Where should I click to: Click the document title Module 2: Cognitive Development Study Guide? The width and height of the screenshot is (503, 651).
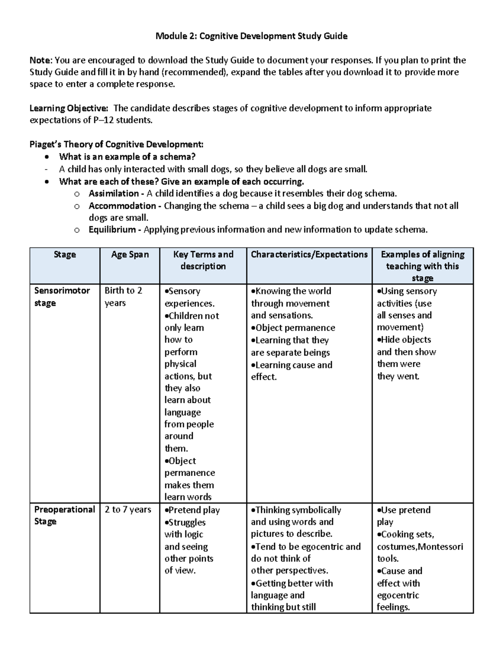tap(251, 36)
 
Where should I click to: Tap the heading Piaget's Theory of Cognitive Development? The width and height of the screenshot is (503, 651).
tap(117, 145)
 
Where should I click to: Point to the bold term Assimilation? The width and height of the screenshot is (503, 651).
tap(114, 194)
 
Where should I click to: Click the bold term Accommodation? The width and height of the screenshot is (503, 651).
tap(122, 206)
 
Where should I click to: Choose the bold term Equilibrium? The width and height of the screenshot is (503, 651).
tap(112, 230)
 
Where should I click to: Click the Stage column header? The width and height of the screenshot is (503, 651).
tap(65, 254)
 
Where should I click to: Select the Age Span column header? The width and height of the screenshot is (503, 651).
tap(130, 254)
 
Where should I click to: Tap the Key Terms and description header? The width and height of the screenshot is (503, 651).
tap(203, 260)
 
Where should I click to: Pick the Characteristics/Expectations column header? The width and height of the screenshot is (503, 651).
tap(309, 254)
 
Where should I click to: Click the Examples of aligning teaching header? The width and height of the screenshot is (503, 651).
tap(422, 266)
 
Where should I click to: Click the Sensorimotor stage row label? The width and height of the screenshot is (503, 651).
tap(62, 296)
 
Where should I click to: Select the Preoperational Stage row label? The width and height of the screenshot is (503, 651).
tap(64, 516)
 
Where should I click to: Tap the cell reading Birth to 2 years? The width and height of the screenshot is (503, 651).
tap(123, 296)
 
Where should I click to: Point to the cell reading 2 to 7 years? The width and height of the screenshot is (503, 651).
tap(128, 510)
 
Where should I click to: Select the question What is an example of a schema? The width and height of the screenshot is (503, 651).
tap(127, 157)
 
